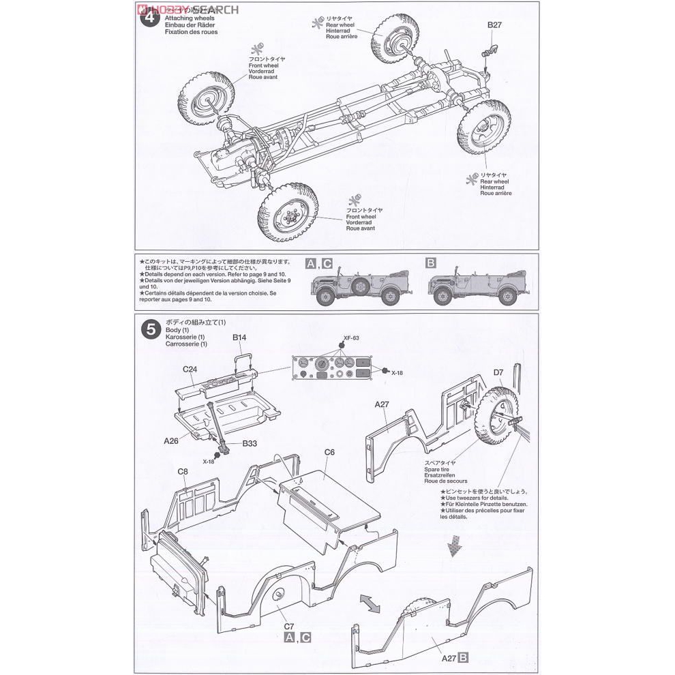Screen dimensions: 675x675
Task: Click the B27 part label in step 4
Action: point(494,25)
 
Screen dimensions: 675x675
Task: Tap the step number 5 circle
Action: point(150,329)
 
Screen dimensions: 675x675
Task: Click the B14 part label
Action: point(239,337)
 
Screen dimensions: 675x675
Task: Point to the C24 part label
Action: point(190,369)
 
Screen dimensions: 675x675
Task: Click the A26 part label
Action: point(171,440)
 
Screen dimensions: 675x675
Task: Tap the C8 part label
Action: point(183,471)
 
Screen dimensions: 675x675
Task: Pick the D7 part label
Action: point(498,372)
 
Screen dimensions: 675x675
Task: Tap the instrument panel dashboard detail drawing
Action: point(333,372)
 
